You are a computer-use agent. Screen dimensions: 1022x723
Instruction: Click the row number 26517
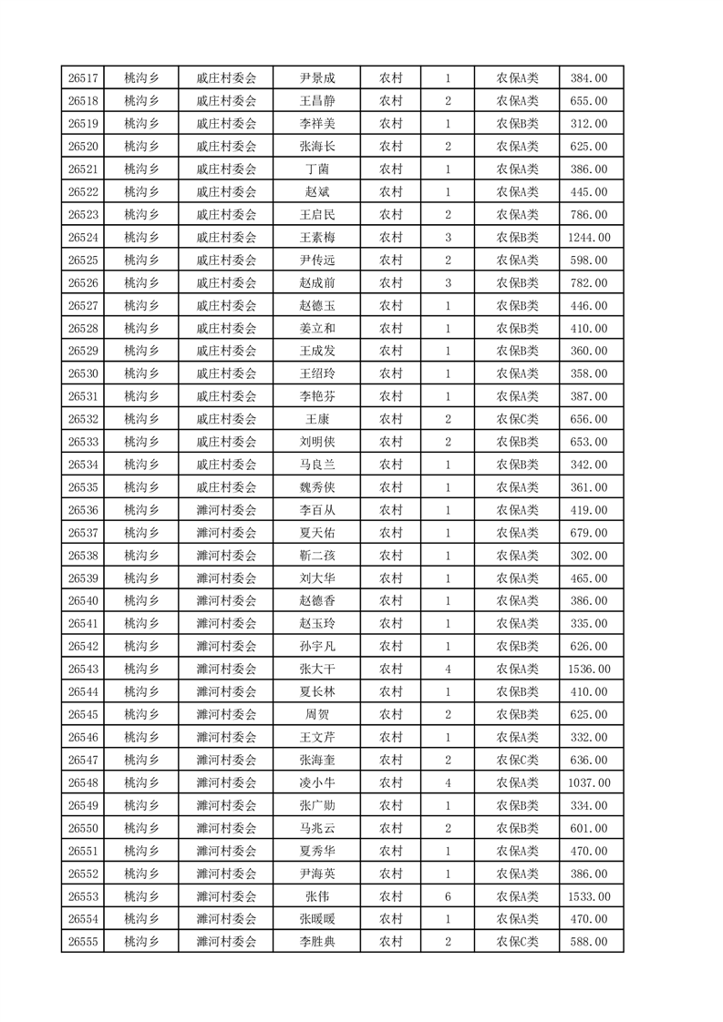pos(83,78)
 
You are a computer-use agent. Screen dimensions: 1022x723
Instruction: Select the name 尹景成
pos(317,78)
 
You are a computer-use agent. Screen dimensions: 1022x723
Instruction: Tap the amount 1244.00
pos(588,238)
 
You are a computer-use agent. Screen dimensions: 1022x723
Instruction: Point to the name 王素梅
pos(317,238)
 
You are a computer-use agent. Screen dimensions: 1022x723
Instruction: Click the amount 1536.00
pos(588,669)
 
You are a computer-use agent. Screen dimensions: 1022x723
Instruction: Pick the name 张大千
pos(317,669)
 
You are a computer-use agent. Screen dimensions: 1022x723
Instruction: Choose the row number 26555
pos(83,942)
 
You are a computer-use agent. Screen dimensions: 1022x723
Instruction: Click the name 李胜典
pos(317,942)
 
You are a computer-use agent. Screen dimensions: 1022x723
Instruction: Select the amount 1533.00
pos(588,896)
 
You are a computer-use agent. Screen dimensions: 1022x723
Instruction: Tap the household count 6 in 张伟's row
pos(448,896)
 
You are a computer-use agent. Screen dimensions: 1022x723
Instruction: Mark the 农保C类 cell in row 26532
pos(517,419)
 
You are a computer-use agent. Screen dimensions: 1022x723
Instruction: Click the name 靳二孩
pos(317,556)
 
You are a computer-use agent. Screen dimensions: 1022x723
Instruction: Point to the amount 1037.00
pos(588,782)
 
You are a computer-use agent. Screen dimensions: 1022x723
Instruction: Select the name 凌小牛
pos(317,782)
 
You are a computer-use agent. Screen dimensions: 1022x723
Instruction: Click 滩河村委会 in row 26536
pos(226,510)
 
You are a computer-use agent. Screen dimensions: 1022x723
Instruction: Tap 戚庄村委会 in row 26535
pos(226,487)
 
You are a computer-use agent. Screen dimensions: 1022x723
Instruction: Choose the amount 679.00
pos(588,533)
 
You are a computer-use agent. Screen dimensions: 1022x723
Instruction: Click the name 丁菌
pos(317,169)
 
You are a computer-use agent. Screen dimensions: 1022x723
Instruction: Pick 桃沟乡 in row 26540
pos(141,601)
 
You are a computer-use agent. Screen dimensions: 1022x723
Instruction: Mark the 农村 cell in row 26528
pos(391,328)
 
